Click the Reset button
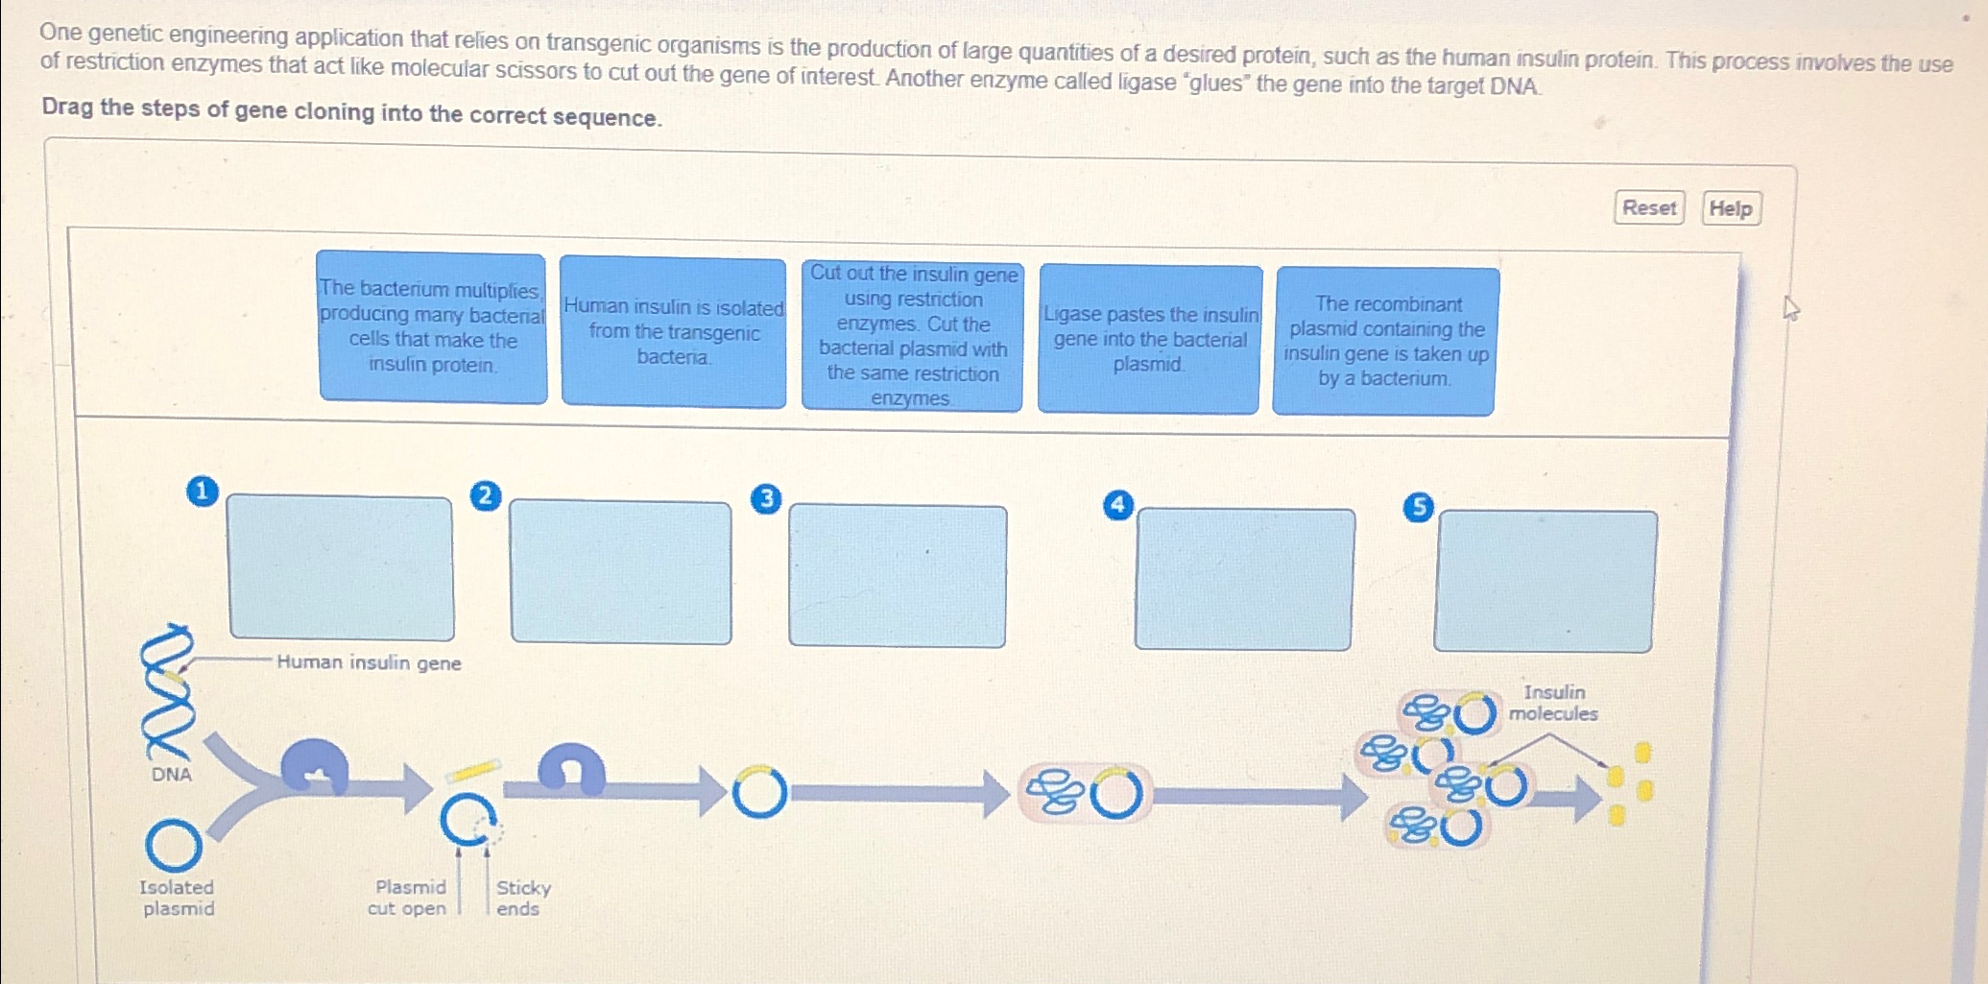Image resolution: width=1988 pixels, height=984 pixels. (1648, 207)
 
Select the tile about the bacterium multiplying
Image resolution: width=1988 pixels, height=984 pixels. (432, 327)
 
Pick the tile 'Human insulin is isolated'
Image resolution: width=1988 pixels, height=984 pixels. (673, 332)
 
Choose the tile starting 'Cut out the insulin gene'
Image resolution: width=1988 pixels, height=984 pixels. (912, 336)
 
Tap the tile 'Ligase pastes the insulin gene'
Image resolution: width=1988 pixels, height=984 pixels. (1149, 339)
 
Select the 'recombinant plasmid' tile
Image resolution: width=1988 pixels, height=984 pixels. (1385, 341)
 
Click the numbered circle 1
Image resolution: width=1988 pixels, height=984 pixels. (202, 492)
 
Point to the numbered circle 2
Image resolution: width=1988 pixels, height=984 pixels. (486, 495)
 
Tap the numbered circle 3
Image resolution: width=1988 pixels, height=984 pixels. (766, 499)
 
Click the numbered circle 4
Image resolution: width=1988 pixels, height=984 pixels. (1118, 505)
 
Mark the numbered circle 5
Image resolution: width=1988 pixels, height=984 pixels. (1418, 507)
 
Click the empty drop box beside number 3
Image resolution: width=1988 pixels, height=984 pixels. (898, 576)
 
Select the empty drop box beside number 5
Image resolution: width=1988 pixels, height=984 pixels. (1545, 582)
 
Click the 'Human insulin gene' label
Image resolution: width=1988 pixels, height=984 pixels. (369, 662)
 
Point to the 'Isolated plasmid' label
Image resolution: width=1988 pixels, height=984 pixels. (178, 898)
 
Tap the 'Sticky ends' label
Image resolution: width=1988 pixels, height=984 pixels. (522, 898)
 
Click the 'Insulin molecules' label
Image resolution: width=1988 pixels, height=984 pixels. (1553, 703)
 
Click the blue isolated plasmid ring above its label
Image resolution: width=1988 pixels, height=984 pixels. (174, 846)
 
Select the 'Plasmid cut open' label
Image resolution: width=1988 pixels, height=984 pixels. (408, 898)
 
